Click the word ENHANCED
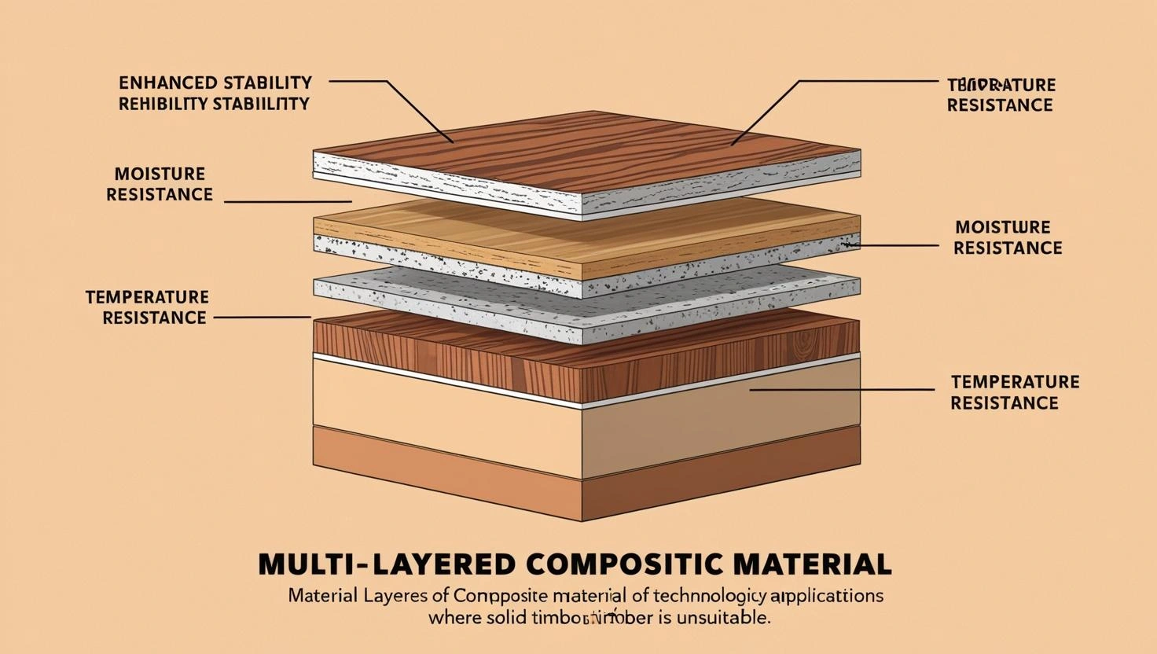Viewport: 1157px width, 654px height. point(168,83)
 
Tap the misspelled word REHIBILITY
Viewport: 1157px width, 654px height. point(163,104)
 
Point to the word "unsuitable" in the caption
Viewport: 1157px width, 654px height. point(722,617)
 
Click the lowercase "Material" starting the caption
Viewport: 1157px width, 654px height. point(318,595)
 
